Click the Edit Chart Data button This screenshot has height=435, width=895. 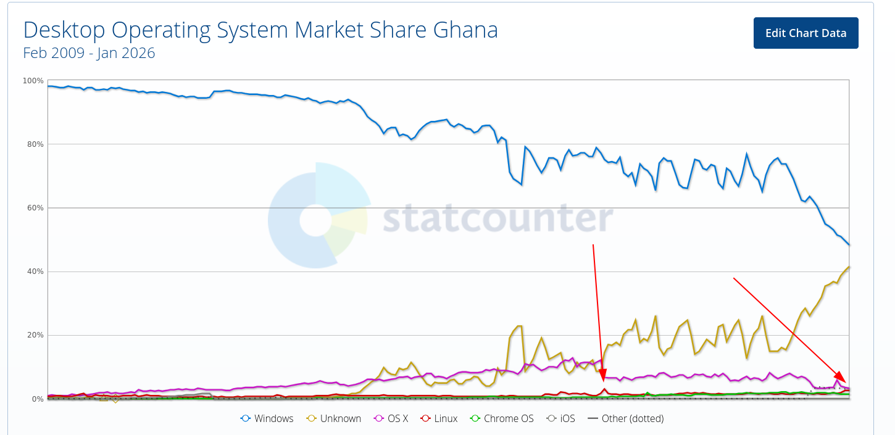click(x=805, y=33)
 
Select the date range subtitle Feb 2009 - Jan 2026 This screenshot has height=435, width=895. click(x=89, y=53)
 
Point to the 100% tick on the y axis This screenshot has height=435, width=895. click(x=33, y=81)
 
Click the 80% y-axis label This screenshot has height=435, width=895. click(x=34, y=144)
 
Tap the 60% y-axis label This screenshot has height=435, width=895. click(x=34, y=208)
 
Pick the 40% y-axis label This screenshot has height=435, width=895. click(x=34, y=271)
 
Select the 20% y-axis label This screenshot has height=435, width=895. click(x=34, y=335)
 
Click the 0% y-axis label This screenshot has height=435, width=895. click(x=36, y=399)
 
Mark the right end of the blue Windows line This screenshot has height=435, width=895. click(x=849, y=245)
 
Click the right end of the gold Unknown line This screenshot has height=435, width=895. click(x=849, y=267)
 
